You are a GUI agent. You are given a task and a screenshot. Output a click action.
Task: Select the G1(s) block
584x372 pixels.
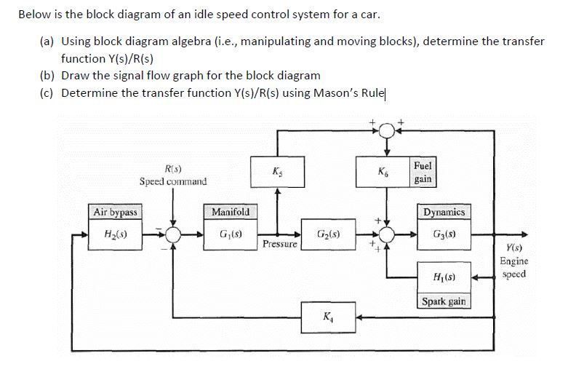pyautogui.click(x=230, y=234)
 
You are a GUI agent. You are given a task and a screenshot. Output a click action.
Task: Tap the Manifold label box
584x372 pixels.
pyautogui.click(x=230, y=212)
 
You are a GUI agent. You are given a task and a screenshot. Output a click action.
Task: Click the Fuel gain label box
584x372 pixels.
pyautogui.click(x=423, y=173)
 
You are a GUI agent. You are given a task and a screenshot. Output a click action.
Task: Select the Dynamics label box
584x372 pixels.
pyautogui.click(x=444, y=212)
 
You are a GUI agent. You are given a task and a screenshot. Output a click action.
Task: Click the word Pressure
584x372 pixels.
pyautogui.click(x=280, y=245)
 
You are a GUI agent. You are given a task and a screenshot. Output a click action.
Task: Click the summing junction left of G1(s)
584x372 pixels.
pyautogui.click(x=173, y=234)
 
